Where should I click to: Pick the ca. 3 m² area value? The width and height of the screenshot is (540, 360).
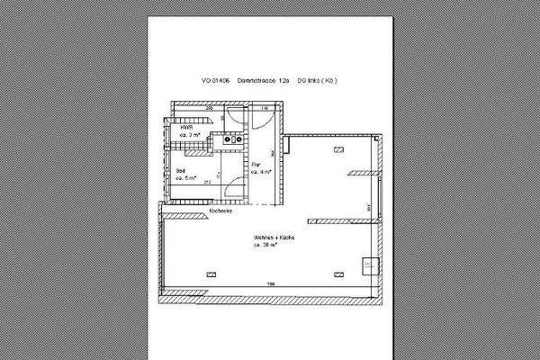pos(189,136)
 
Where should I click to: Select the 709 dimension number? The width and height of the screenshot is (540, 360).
pos(269,284)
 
